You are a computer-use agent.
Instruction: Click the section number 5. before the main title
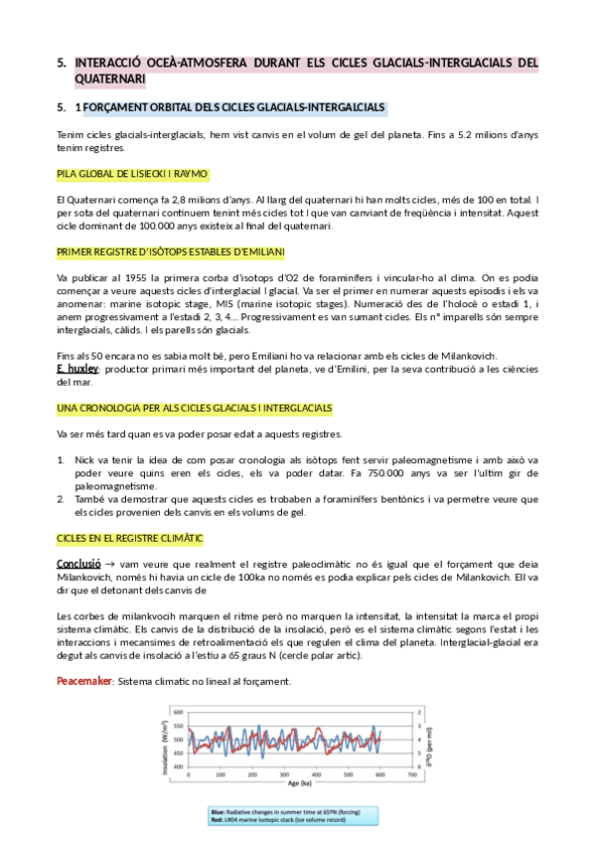tap(62, 63)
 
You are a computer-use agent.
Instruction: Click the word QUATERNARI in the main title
tap(110, 79)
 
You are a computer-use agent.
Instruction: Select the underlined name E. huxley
tap(78, 369)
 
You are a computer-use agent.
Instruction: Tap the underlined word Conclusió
tap(77, 564)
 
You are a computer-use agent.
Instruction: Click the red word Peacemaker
tap(84, 681)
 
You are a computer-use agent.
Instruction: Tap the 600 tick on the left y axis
tap(178, 713)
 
